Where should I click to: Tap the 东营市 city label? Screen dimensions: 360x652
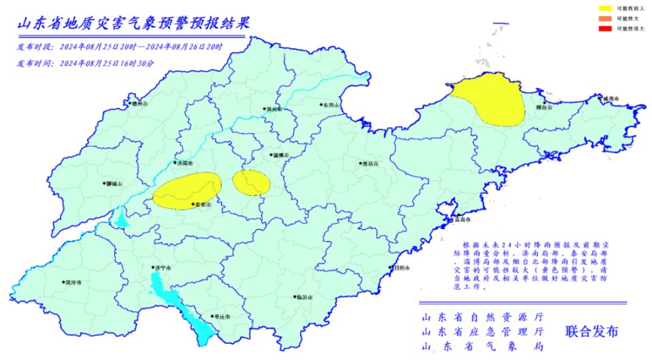pos(330,105)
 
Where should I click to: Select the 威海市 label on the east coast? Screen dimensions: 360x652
pos(611,99)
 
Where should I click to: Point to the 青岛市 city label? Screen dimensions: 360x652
pos(461,219)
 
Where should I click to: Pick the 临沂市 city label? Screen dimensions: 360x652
pos(303,297)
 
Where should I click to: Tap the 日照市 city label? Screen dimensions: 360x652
pos(401,268)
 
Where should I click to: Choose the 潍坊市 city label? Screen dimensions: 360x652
pos(370,164)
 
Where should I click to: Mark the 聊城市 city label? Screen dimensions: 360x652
pos(115,184)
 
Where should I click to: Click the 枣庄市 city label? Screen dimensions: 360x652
pos(219,317)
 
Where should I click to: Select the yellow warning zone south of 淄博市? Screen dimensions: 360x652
pos(251,183)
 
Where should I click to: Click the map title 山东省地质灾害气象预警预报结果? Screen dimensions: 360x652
pos(133,22)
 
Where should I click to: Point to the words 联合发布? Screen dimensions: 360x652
pos(592,332)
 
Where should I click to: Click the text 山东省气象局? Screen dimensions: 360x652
pos(483,347)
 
